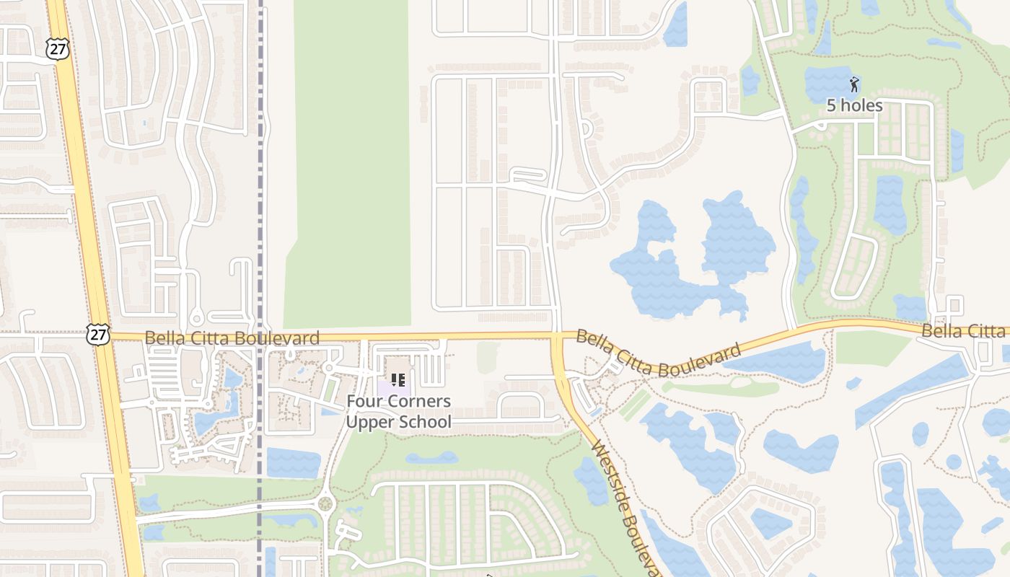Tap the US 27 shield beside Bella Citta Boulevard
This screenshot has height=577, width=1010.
tap(97, 333)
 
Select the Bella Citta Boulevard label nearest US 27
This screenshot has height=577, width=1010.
tap(232, 338)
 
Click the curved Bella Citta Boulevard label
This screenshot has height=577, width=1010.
tap(657, 353)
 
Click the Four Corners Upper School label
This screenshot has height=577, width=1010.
tap(398, 411)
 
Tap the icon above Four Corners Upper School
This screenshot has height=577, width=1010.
tap(398, 379)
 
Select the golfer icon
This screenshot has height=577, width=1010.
tap(854, 85)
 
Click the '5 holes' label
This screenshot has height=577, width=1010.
tap(854, 105)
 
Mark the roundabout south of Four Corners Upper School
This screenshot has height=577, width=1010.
tap(325, 503)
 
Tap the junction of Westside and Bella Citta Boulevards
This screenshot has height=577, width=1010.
tap(558, 336)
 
